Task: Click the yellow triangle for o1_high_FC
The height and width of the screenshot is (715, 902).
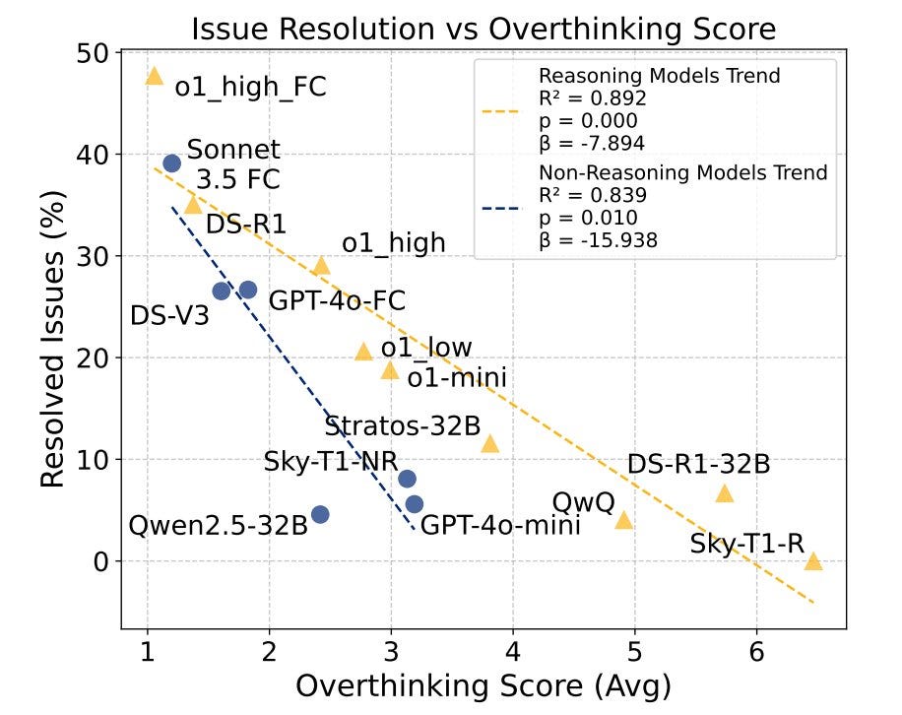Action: pyautogui.click(x=154, y=76)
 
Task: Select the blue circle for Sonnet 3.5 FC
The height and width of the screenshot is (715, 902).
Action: pyautogui.click(x=171, y=162)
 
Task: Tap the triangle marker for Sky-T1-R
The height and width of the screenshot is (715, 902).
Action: pyautogui.click(x=812, y=561)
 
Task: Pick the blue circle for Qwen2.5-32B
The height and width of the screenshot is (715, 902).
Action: pyautogui.click(x=320, y=514)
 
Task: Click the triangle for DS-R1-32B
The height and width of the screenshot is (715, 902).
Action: pyautogui.click(x=725, y=493)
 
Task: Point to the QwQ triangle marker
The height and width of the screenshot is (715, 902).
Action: pyautogui.click(x=623, y=519)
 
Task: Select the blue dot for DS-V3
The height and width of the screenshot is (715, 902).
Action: pyautogui.click(x=222, y=291)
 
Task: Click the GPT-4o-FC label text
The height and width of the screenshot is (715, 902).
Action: pyautogui.click(x=337, y=300)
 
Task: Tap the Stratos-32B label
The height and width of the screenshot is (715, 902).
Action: pyautogui.click(x=403, y=426)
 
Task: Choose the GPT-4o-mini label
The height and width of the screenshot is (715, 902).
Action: pyautogui.click(x=500, y=525)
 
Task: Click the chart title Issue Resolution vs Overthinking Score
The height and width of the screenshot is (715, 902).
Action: pyautogui.click(x=483, y=27)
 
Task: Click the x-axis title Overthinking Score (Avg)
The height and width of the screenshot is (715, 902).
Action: pyautogui.click(x=483, y=686)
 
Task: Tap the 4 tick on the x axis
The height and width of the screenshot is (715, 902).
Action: pyautogui.click(x=513, y=650)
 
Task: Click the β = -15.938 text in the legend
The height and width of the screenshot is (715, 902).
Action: pyautogui.click(x=598, y=239)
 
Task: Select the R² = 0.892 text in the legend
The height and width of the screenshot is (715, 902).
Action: pyautogui.click(x=592, y=97)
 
